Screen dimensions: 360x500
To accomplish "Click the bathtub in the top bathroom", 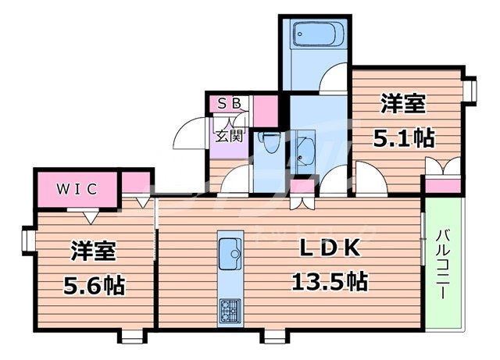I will [314, 36].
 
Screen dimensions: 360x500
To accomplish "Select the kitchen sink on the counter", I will [230, 251].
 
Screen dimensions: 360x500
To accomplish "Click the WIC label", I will [75, 188].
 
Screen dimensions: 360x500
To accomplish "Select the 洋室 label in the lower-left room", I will [94, 251].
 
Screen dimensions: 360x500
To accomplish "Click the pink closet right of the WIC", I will [135, 184].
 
